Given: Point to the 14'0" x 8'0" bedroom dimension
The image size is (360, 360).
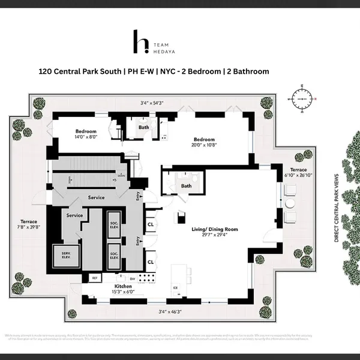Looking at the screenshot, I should tap(86, 137).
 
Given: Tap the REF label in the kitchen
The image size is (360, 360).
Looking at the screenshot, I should tap(94, 278).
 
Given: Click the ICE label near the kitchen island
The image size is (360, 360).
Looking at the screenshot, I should tap(175, 287).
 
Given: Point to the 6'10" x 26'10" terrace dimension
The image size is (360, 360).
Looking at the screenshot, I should tap(298, 176).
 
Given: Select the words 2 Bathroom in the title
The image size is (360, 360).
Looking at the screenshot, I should tap(247, 71).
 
